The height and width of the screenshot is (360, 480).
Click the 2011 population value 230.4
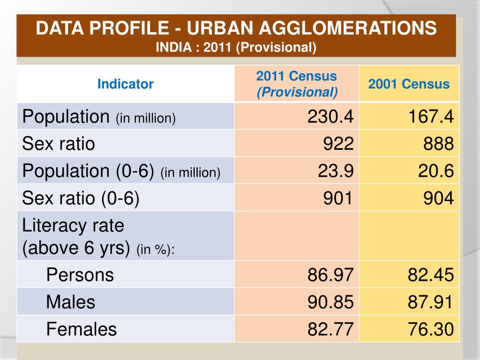click(x=330, y=116)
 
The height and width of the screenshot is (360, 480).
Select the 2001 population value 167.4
click(x=430, y=116)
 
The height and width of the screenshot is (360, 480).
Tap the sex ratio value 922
click(x=338, y=143)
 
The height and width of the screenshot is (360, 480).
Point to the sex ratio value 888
click(x=439, y=143)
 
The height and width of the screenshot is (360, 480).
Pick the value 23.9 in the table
click(x=336, y=171)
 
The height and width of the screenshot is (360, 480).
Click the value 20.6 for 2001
click(x=436, y=171)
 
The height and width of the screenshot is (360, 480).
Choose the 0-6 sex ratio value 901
click(x=338, y=199)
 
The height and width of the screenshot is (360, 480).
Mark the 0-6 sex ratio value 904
click(x=439, y=199)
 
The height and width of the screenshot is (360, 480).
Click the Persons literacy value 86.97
click(x=330, y=275)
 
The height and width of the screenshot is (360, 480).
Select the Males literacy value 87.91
click(x=430, y=302)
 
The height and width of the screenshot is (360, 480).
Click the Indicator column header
click(x=125, y=84)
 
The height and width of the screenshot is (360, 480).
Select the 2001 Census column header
click(x=409, y=84)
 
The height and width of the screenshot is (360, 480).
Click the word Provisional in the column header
click(x=297, y=92)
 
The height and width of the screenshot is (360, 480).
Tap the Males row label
click(x=70, y=302)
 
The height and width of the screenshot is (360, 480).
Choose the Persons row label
click(x=80, y=275)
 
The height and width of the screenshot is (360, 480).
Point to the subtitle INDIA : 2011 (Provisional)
click(x=236, y=47)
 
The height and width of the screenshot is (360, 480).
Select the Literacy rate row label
click(x=73, y=226)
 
